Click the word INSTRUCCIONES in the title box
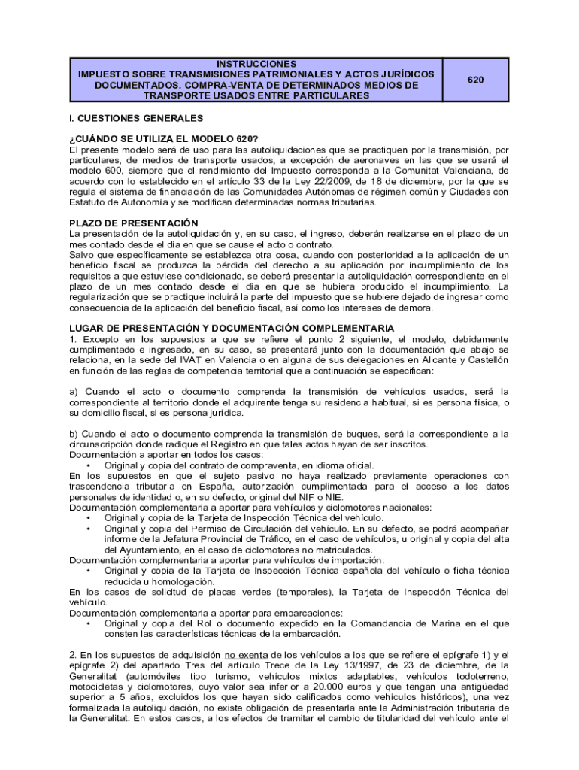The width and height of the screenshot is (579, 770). (x=256, y=64)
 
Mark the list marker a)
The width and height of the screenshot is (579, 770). (x=74, y=392)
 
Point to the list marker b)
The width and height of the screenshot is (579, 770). (x=74, y=434)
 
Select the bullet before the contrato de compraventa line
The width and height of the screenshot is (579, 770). (x=89, y=465)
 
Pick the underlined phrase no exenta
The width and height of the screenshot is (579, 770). (x=246, y=655)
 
